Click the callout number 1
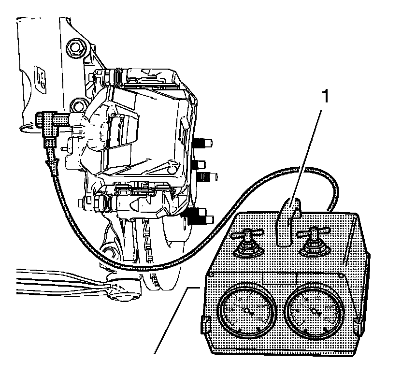pyautogui.click(x=327, y=96)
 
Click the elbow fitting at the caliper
pyautogui.click(x=50, y=123)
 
